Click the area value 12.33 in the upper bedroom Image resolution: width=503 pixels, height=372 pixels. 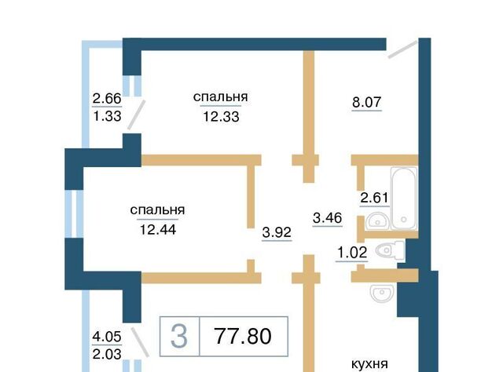[221, 117]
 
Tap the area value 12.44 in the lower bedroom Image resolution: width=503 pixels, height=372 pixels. [158, 230]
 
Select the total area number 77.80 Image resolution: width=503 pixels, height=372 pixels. [243, 336]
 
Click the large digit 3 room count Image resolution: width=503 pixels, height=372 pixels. [179, 336]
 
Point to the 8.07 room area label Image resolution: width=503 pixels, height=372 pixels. [367, 102]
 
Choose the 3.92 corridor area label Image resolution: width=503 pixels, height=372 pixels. [277, 232]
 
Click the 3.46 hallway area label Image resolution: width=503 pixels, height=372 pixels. [328, 218]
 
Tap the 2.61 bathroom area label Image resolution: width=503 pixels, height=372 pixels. [374, 198]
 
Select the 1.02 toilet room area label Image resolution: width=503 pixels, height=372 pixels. [352, 253]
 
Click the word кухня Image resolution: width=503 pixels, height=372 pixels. [370, 364]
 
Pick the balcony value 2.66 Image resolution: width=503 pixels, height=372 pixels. [107, 98]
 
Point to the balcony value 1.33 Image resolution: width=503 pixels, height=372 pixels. [107, 115]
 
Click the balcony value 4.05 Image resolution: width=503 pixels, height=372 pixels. [107, 337]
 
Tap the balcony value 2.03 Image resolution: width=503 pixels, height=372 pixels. [107, 355]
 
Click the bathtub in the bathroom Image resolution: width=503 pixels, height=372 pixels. [403, 199]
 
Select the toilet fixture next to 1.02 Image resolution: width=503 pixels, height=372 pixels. [390, 250]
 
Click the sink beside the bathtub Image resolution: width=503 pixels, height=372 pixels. [377, 221]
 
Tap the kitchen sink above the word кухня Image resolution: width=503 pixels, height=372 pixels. [382, 293]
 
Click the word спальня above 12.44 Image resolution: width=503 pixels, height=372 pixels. [157, 210]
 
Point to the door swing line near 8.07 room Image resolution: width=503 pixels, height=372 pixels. [402, 49]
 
